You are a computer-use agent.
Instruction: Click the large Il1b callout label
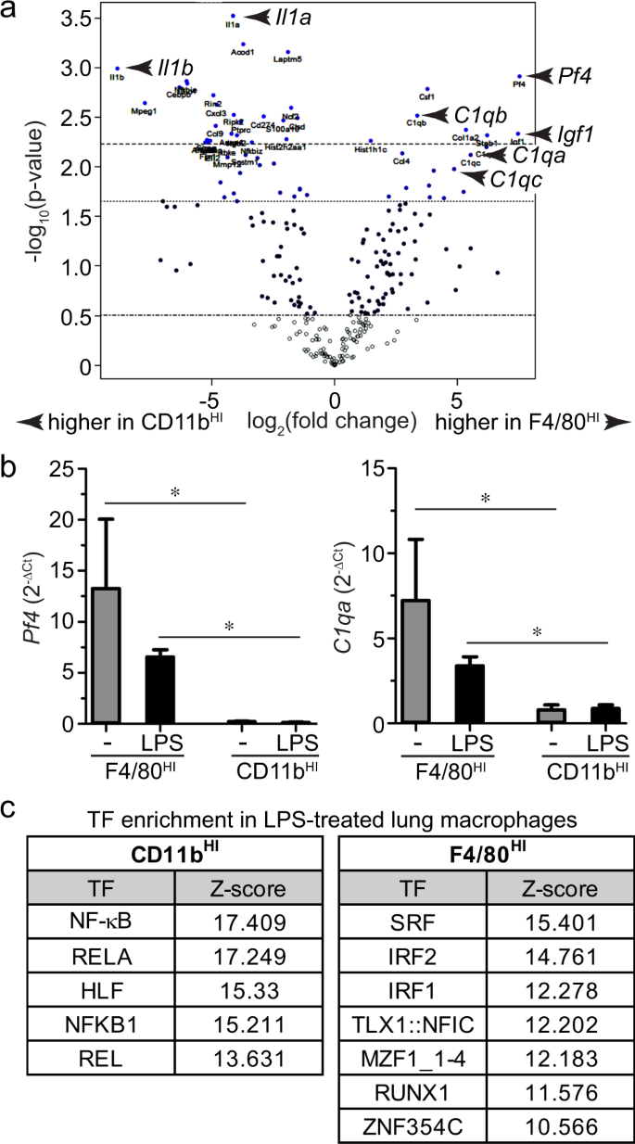tap(175, 67)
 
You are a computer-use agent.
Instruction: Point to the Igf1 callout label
tap(574, 134)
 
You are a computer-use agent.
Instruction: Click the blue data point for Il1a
tap(233, 17)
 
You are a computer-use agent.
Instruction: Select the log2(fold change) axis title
tap(331, 423)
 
